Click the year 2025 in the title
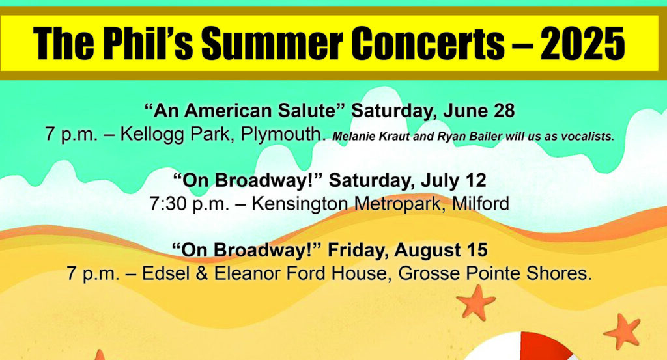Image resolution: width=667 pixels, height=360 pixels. (x=582, y=43)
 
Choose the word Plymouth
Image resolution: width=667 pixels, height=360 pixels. (x=280, y=135)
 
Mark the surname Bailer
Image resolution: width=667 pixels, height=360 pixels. (x=487, y=137)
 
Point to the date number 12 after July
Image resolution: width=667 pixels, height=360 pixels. (x=475, y=180)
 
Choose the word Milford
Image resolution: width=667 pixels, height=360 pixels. (x=481, y=204)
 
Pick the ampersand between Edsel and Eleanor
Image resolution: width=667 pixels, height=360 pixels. (x=202, y=273)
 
